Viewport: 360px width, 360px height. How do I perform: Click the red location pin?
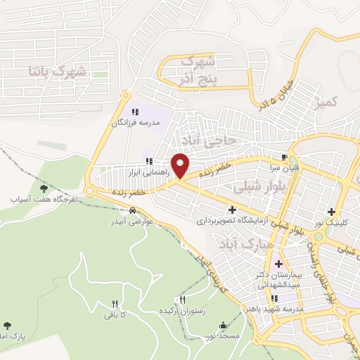(x=180, y=165)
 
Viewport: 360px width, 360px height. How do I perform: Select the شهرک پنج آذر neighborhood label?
(x=205, y=69)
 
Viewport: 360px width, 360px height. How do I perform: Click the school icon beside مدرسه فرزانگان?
(x=135, y=111)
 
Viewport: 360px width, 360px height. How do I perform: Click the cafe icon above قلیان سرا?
(x=284, y=158)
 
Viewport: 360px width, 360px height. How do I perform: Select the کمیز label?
(x=328, y=103)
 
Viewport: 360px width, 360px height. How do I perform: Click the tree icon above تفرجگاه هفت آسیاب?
(x=44, y=188)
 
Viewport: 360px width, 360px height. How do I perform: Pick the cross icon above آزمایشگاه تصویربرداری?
(x=232, y=209)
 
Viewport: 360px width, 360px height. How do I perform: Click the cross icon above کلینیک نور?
(x=331, y=211)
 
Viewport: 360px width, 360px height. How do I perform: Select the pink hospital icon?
(x=278, y=263)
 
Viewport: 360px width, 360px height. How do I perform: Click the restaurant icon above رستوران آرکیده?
(x=183, y=300)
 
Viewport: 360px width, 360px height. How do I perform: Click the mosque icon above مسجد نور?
(x=224, y=326)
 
